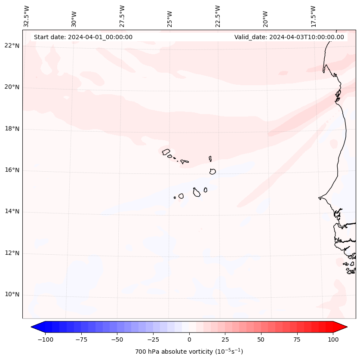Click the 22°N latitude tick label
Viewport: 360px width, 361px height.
(12, 46)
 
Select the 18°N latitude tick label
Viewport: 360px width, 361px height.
(12, 129)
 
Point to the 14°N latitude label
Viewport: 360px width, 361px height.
(12, 211)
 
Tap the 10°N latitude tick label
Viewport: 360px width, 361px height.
(12, 295)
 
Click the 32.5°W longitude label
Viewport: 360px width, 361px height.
(27, 15)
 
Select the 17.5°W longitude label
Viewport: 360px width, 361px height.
(313, 15)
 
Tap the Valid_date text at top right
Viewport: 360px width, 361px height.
(289, 37)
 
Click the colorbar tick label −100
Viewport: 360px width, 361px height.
(44, 339)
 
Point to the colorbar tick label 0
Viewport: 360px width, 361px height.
(189, 339)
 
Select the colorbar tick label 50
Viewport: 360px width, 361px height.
(261, 339)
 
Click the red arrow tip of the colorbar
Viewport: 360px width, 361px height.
(346, 327)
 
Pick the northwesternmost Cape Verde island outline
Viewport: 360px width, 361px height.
(166, 151)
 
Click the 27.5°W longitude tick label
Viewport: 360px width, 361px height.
(122, 15)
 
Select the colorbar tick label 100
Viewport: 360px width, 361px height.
(333, 339)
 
